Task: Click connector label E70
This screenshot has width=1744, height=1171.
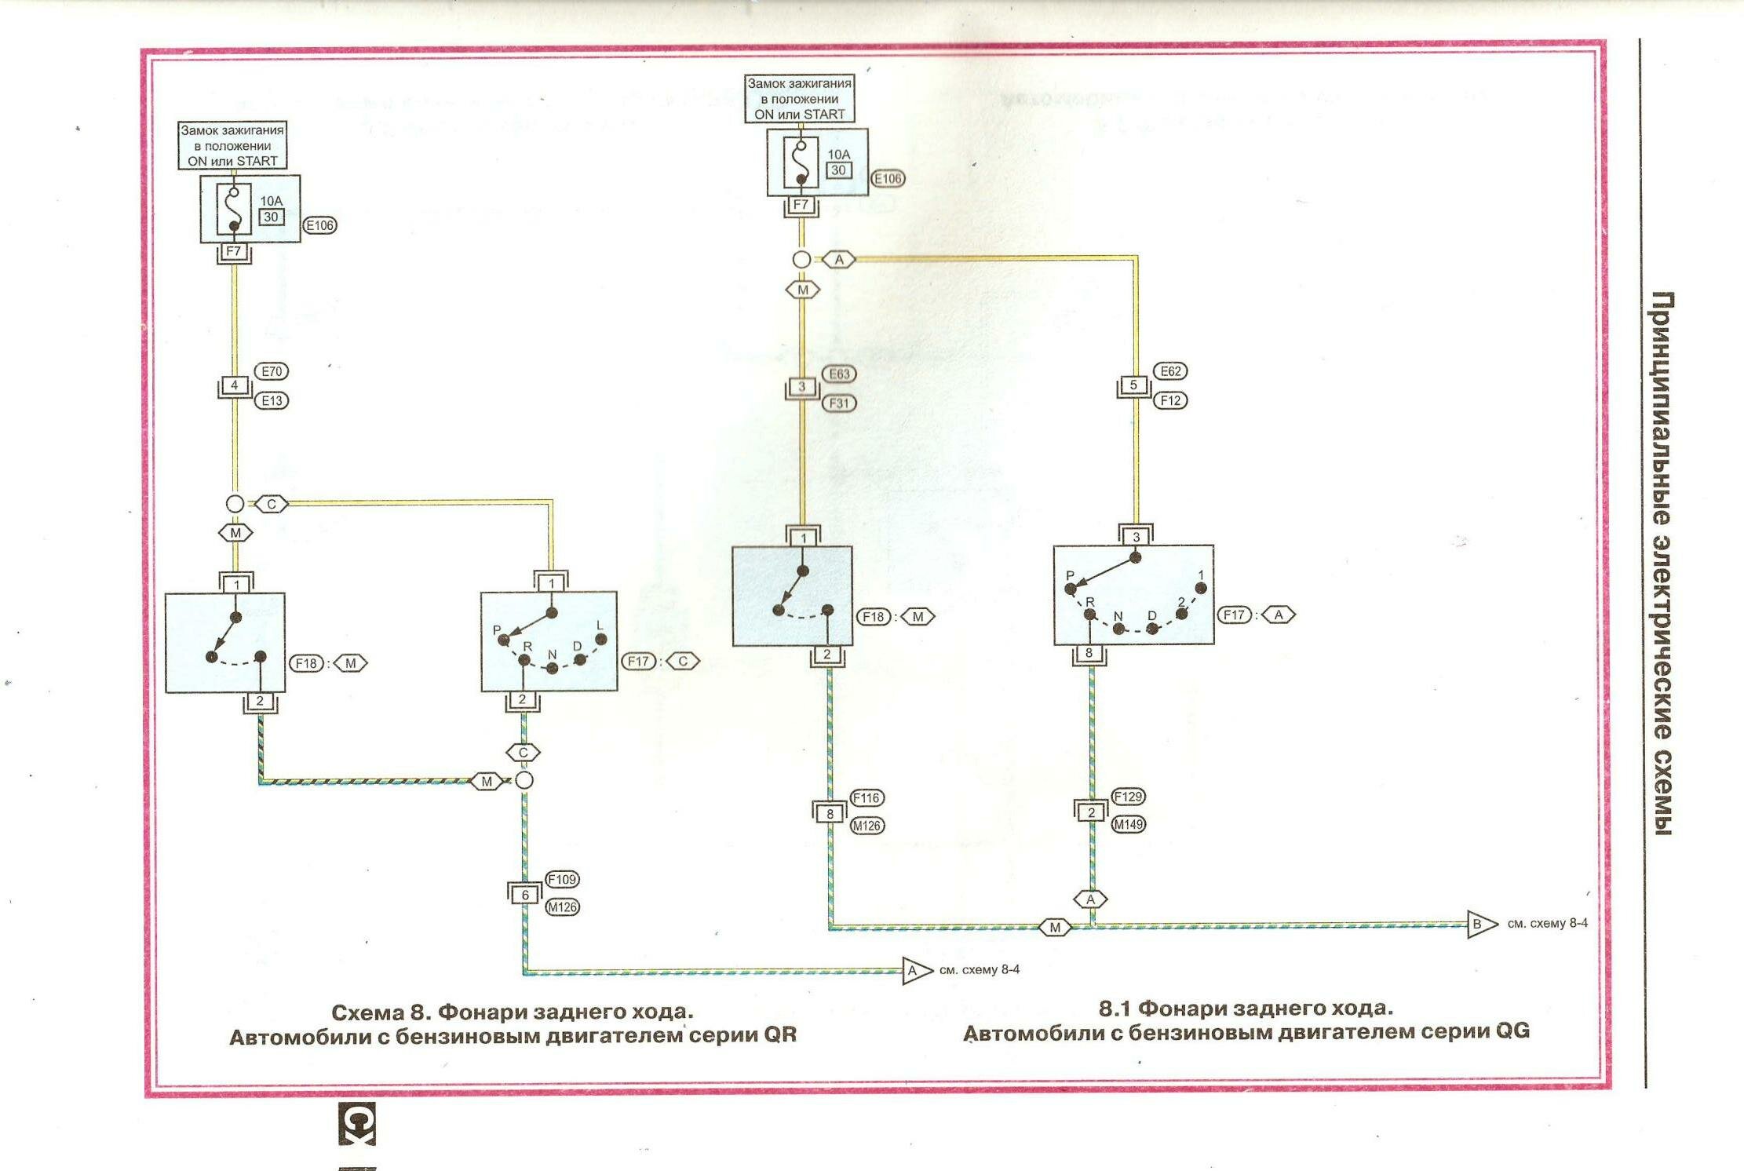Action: click(x=272, y=371)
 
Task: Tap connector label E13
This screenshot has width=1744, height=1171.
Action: click(x=272, y=400)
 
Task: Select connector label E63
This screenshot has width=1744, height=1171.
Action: click(x=838, y=374)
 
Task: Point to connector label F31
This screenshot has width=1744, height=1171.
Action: click(x=838, y=403)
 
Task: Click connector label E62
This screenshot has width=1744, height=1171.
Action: click(x=1169, y=371)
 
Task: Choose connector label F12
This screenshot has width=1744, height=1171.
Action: click(x=1169, y=400)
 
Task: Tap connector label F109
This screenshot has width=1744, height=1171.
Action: click(x=562, y=879)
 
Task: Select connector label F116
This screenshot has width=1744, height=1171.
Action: click(x=867, y=797)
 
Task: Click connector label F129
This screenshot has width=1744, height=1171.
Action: click(x=1128, y=797)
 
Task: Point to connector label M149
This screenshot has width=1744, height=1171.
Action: click(x=1128, y=824)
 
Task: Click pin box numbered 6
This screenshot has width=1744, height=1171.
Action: click(x=525, y=894)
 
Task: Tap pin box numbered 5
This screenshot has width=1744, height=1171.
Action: click(x=1133, y=385)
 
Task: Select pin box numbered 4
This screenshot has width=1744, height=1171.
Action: click(x=234, y=385)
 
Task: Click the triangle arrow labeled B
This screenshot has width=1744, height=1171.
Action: click(x=1479, y=924)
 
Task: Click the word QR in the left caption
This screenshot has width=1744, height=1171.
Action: click(x=780, y=1035)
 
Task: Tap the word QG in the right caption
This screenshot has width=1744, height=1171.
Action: click(x=1512, y=1031)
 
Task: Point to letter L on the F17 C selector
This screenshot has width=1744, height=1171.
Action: click(x=600, y=626)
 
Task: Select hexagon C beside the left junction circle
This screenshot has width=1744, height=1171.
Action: click(x=272, y=504)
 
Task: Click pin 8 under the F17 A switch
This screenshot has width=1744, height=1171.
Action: click(x=1089, y=653)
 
